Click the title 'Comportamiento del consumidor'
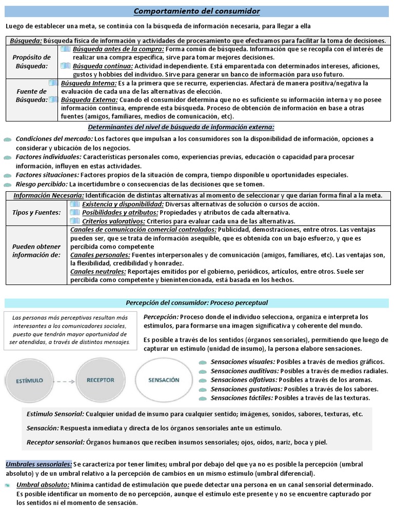pyautogui.click(x=196, y=11)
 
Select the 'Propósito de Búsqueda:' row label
pyautogui.click(x=32, y=62)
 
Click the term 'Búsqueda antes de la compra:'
pyautogui.click(x=118, y=49)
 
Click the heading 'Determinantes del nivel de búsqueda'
pyautogui.click(x=181, y=127)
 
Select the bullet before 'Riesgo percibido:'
pyautogui.click(x=7, y=185)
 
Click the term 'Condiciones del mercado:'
pyautogui.click(x=54, y=139)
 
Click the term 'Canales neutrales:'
pyautogui.click(x=97, y=271)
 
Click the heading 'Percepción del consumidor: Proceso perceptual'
pyautogui.click(x=196, y=303)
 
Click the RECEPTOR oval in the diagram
pyautogui.click(x=100, y=380)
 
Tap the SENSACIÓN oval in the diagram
pyautogui.click(x=164, y=380)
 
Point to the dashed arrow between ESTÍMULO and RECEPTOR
pyautogui.click(x=65, y=381)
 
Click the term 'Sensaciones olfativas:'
pyautogui.click(x=244, y=380)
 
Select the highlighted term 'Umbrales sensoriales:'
pyautogui.click(x=38, y=464)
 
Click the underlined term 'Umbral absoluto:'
pyautogui.click(x=43, y=484)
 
